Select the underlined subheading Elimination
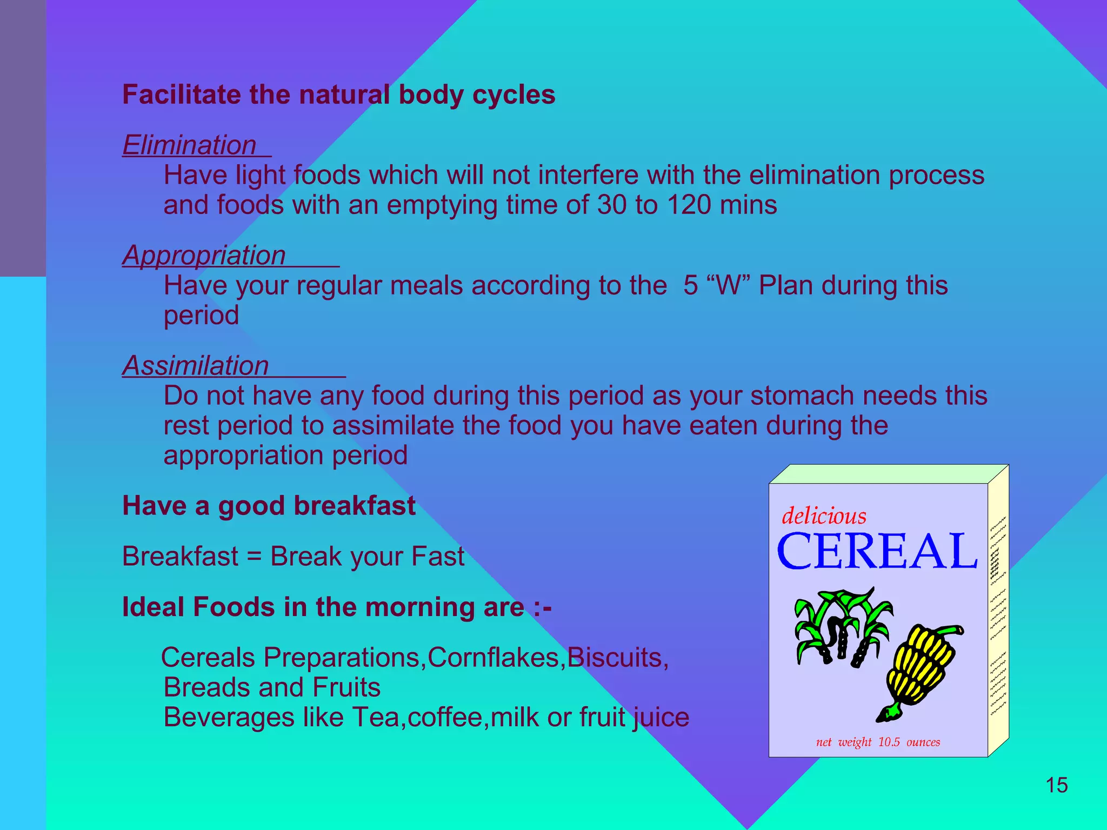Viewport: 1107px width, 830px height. click(190, 146)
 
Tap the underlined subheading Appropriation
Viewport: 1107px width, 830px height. click(204, 256)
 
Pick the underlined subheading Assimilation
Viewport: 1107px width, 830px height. click(196, 366)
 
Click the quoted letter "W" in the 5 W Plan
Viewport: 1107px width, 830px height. click(729, 285)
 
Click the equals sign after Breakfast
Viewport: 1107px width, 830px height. click(254, 557)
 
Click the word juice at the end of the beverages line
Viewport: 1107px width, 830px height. click(661, 718)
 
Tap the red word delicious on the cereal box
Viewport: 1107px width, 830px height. click(824, 516)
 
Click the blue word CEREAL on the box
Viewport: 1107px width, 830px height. click(877, 552)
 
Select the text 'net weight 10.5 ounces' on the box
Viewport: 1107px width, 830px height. click(878, 742)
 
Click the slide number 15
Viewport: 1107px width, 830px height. click(1056, 785)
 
